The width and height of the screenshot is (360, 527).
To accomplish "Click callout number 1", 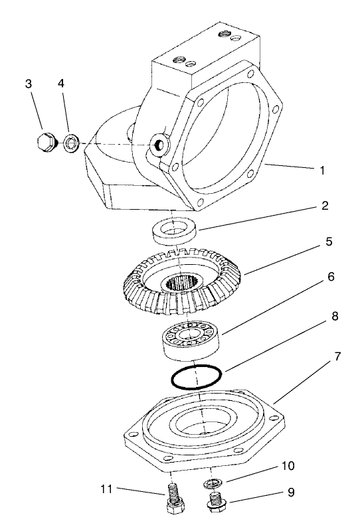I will pyautogui.click(x=321, y=171).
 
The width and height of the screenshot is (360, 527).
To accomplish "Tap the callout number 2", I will pyautogui.click(x=325, y=206).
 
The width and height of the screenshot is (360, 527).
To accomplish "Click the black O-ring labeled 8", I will pyautogui.click(x=196, y=378).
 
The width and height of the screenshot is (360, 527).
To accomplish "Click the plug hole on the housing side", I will pyautogui.click(x=159, y=145).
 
